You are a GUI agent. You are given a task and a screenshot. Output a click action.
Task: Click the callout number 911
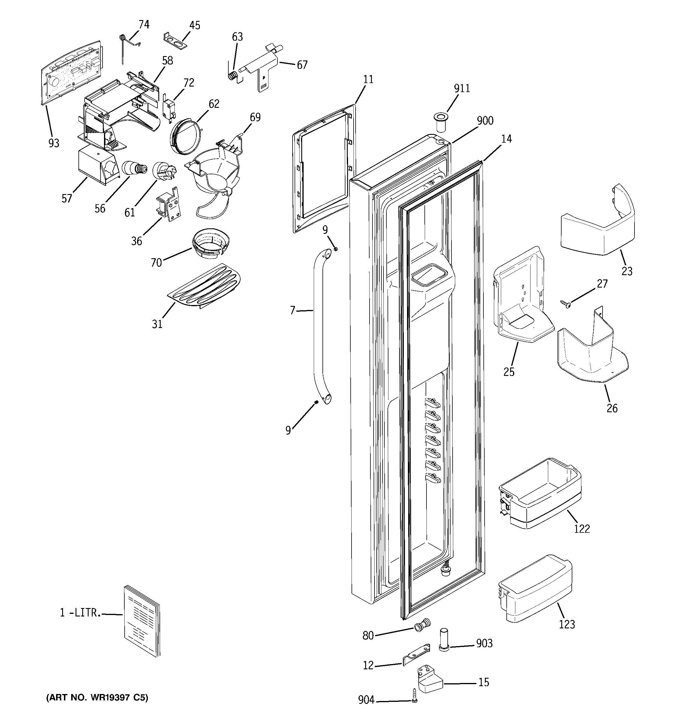click(462, 89)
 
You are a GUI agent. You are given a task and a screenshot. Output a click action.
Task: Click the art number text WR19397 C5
click(97, 698)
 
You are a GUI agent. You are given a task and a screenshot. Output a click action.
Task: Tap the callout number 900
click(485, 121)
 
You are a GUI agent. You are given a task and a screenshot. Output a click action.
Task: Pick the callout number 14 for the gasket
click(506, 139)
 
